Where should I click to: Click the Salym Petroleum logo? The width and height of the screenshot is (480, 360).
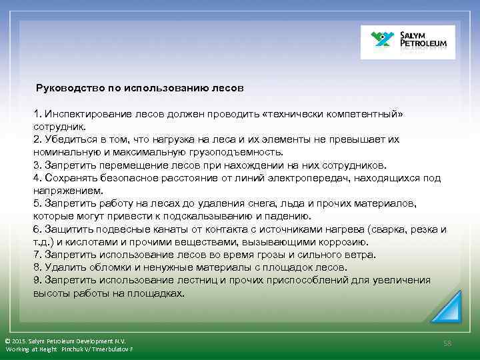point(407,42)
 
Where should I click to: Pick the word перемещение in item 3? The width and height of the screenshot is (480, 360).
point(119,165)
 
